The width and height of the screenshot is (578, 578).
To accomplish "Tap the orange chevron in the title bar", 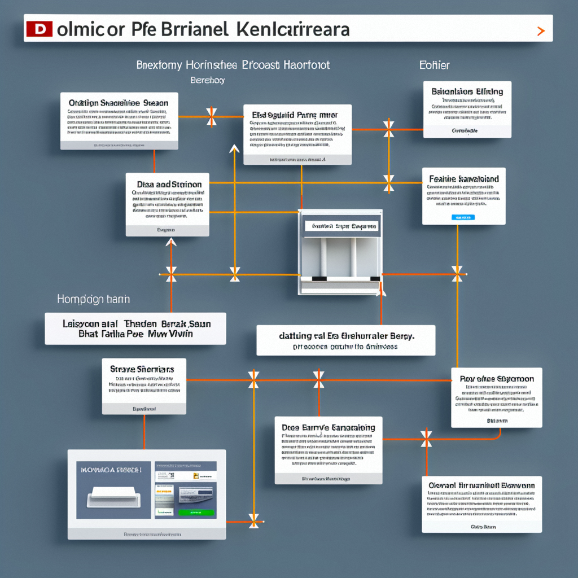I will coord(541,30).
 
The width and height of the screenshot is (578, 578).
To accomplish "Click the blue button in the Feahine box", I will coord(463,217).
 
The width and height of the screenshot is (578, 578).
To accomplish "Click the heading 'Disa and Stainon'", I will coord(168,184).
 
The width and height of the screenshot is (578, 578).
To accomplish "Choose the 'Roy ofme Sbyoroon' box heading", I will coord(497,379).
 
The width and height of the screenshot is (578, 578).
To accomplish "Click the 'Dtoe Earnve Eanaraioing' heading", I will coord(328,428).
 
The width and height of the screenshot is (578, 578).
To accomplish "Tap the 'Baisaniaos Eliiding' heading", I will coord(467,91).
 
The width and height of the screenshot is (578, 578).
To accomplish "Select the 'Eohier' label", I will coord(434,65).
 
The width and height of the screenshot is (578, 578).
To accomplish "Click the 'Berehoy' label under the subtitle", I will coord(208,80).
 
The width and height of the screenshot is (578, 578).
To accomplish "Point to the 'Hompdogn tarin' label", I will coord(93,299).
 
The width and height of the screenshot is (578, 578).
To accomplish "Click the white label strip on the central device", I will coord(341,226).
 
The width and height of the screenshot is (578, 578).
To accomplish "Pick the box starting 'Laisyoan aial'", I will coord(135,329).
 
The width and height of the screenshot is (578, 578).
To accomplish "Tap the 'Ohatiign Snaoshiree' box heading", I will coord(119,103).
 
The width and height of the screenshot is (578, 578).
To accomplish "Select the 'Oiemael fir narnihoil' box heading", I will coord(481,485).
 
